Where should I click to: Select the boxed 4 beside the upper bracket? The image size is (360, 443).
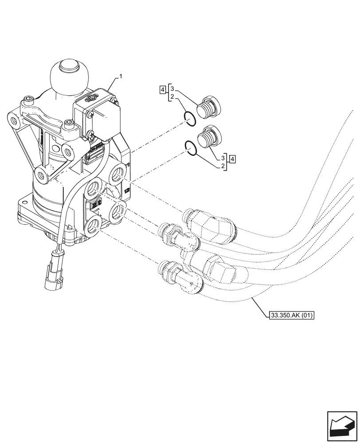(x=163, y=90)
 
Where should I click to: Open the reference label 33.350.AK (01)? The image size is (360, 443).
(x=291, y=316)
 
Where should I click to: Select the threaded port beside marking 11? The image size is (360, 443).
(x=119, y=174)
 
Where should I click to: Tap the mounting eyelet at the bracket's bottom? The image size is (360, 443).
(x=42, y=176)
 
